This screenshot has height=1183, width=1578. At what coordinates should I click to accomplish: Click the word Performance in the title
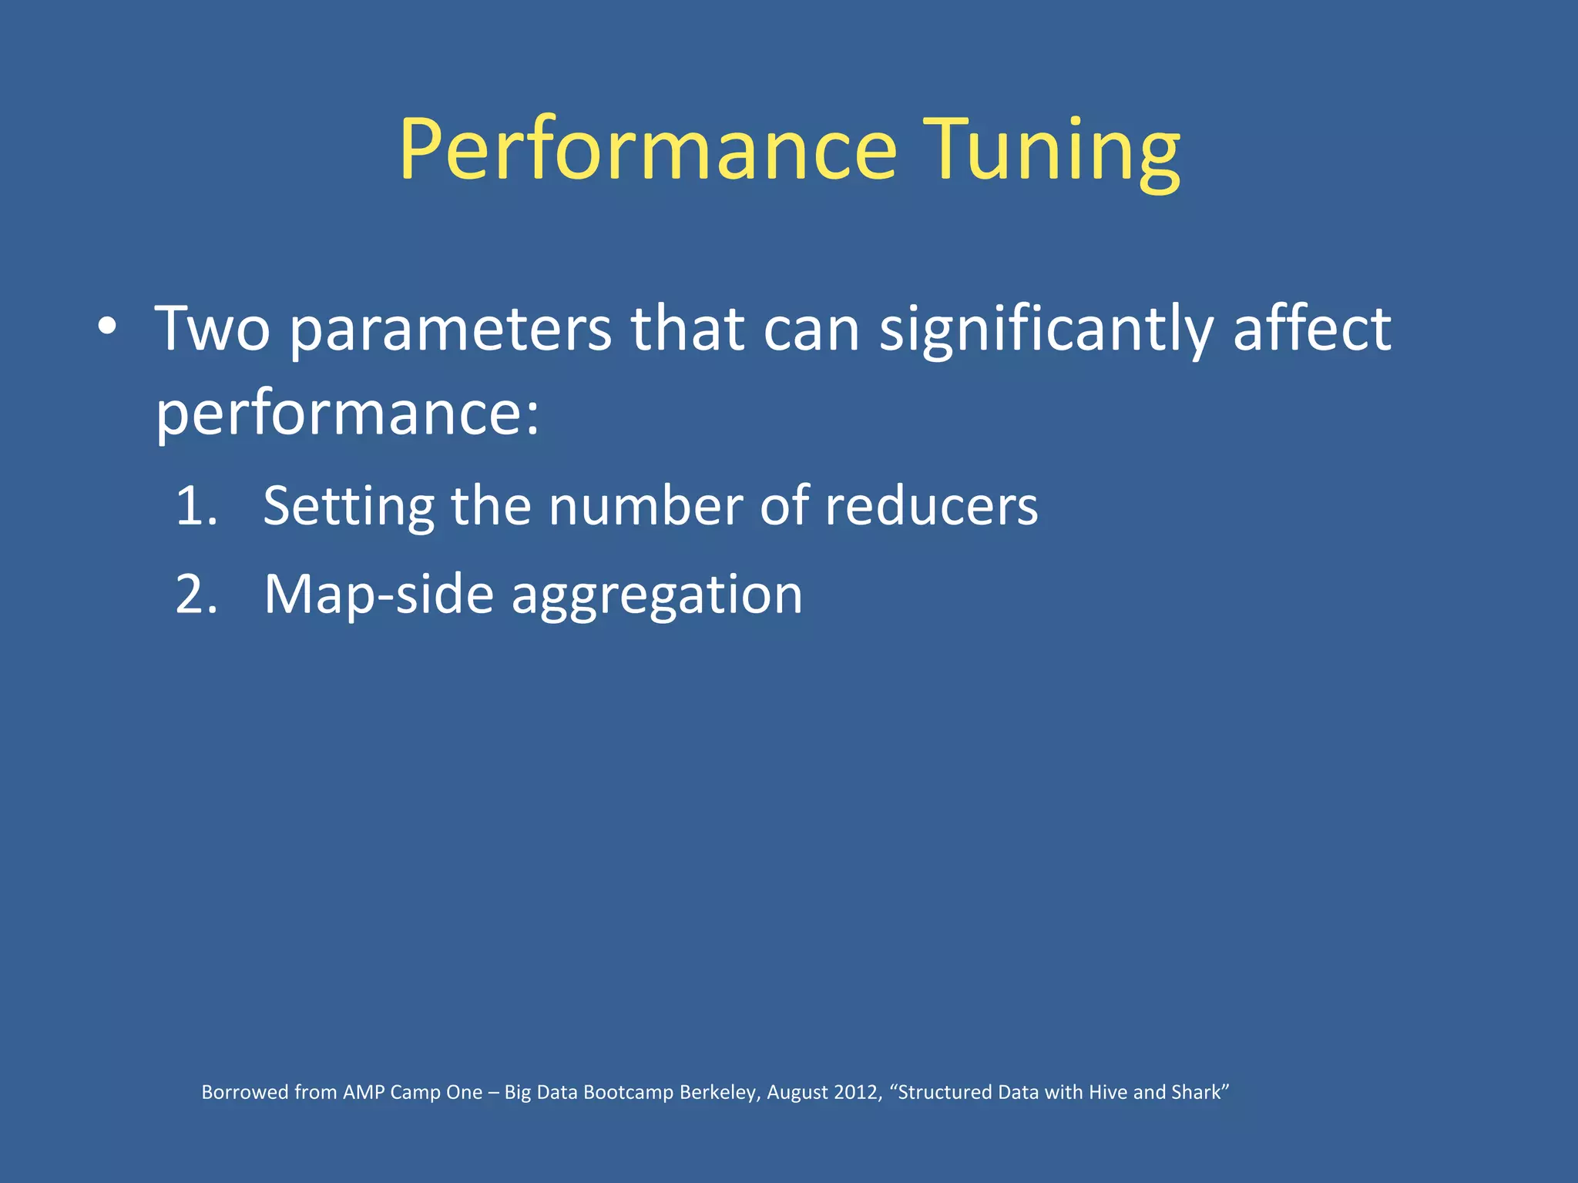647,150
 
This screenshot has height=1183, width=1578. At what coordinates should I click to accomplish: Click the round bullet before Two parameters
107,327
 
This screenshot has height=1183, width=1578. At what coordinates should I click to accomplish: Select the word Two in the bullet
213,330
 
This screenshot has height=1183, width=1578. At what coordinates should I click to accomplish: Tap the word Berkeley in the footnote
720,1092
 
